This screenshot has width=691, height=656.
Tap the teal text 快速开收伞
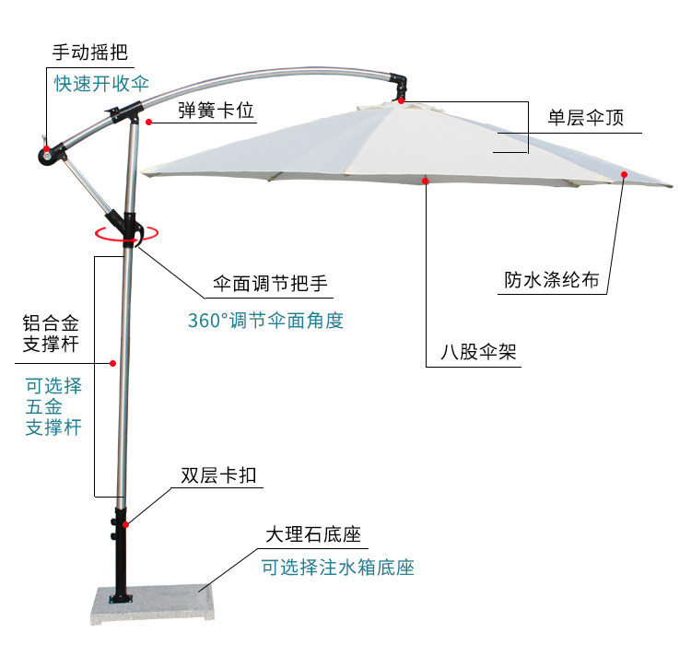point(100,83)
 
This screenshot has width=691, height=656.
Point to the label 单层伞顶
point(586,118)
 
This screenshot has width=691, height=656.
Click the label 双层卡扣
point(217,475)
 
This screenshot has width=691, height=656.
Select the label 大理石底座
point(311,534)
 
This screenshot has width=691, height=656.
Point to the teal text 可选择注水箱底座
point(337,567)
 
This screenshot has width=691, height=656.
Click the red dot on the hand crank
point(47,147)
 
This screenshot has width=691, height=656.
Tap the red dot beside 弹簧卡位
point(148,121)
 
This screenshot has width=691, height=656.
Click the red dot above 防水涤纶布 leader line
point(624,173)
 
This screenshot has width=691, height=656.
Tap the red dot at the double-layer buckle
point(126,524)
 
